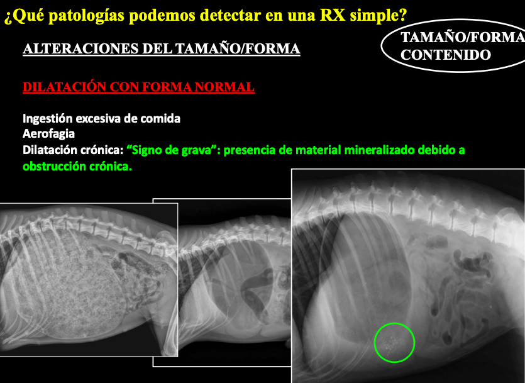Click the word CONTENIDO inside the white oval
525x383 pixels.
coord(446,55)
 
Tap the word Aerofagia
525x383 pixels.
coord(48,134)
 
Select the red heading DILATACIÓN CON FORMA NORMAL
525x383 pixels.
coord(138,87)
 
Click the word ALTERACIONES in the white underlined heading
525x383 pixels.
coord(80,49)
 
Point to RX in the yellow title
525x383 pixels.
coord(333,15)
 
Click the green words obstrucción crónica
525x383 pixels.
coord(77,167)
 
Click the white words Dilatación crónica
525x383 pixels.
coord(73,150)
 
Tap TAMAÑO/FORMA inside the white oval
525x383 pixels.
coord(463,37)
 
